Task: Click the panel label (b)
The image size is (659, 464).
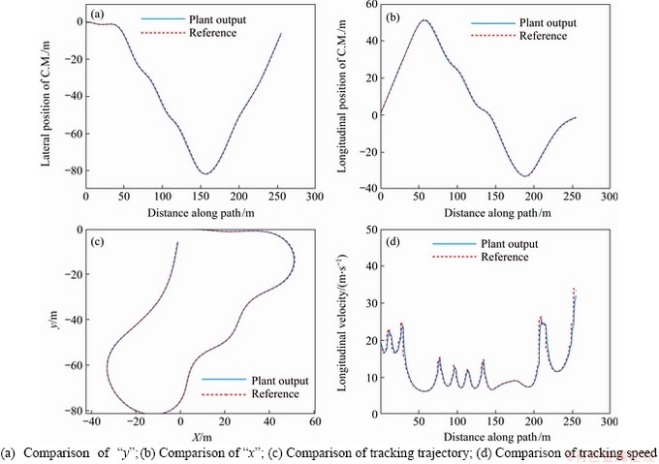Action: pos(395,16)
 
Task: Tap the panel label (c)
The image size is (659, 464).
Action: pos(97,240)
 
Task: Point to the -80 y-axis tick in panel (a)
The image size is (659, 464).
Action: pos(71,170)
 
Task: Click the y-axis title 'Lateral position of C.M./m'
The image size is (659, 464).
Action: pos(46,98)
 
